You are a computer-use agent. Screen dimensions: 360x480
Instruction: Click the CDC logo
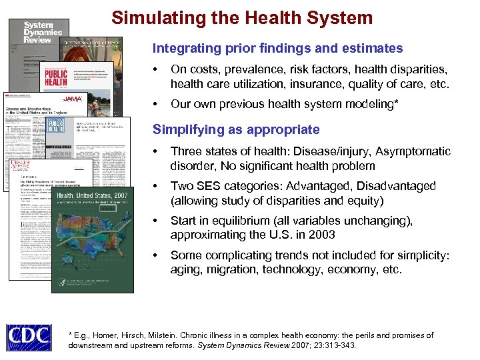tap(29, 338)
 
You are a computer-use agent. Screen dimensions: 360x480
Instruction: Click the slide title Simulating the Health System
tap(242, 17)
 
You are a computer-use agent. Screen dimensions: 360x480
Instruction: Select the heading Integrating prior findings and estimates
tap(277, 48)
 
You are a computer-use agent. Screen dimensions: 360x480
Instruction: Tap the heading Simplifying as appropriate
tap(236, 129)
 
